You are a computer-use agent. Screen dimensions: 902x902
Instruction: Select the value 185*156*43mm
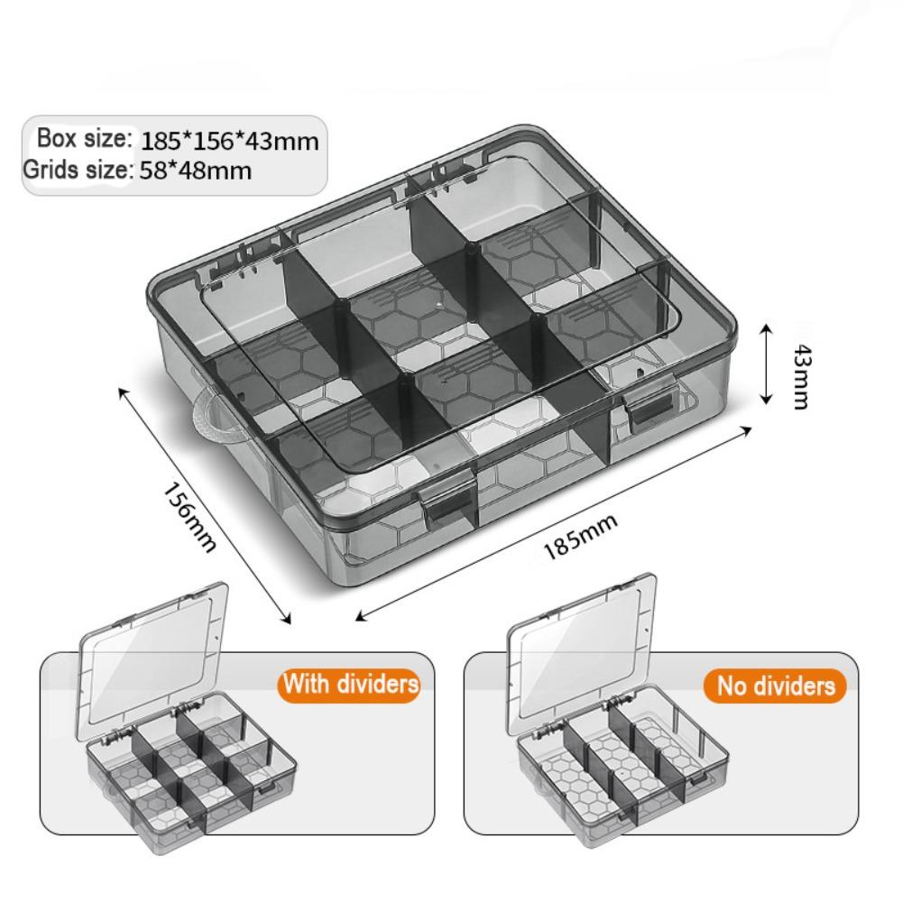coord(230,142)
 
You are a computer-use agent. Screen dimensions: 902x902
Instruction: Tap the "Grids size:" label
coord(78,169)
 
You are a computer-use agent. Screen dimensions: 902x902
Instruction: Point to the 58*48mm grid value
coord(196,170)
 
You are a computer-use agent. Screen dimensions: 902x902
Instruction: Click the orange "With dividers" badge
coord(351,683)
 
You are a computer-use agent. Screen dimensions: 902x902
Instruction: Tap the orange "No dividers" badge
coord(775,686)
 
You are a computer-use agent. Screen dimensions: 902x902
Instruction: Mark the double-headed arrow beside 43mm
coord(766,364)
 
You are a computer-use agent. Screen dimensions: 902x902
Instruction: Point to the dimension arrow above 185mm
coord(555,521)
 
